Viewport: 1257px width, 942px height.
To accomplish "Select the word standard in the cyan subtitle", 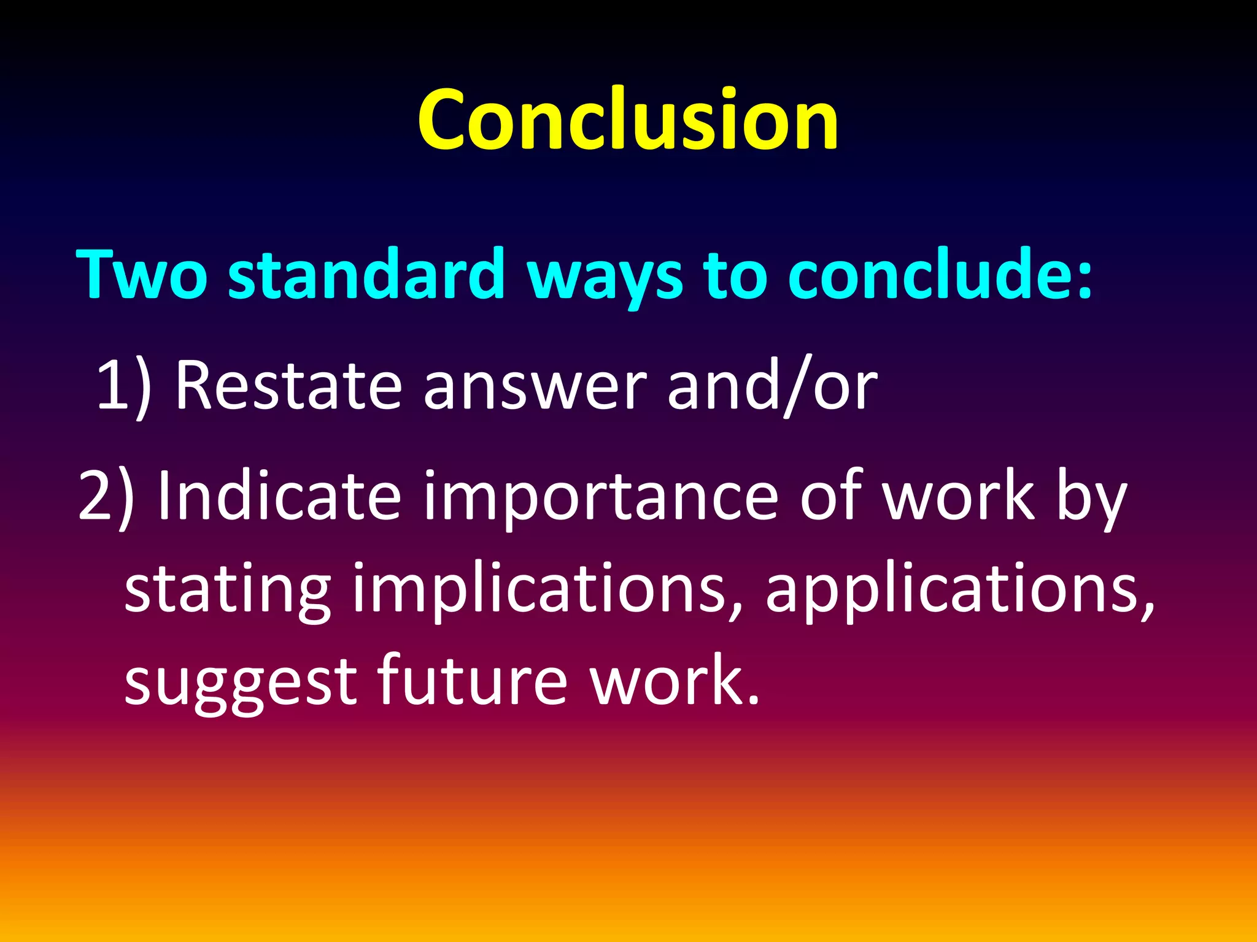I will click(366, 274).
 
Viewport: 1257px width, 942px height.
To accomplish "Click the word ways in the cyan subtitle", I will click(604, 276).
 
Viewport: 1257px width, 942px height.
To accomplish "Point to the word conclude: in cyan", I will click(940, 274).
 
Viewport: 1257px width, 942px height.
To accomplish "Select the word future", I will click(471, 681).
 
